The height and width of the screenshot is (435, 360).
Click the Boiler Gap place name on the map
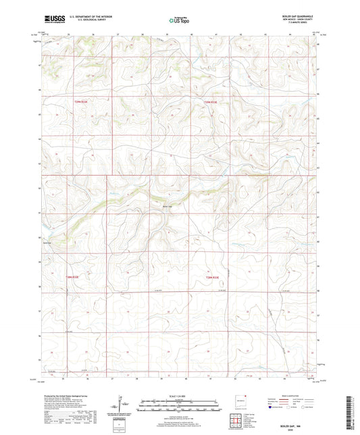(168, 207)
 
